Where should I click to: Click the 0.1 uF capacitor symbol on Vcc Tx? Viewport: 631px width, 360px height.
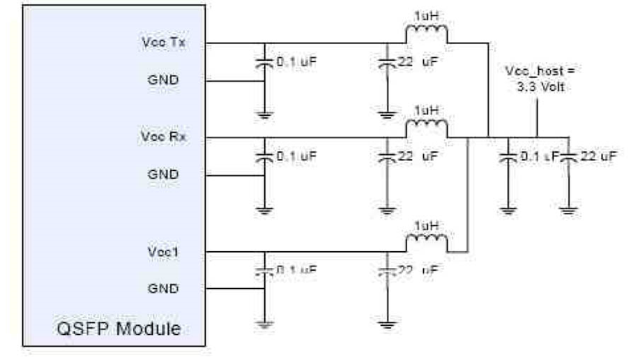click(264, 63)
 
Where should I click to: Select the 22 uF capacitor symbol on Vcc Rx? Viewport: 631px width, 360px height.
click(386, 157)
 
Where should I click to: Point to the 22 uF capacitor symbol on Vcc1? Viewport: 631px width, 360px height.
click(386, 271)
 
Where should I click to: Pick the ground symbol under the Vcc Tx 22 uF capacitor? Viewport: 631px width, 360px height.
click(386, 112)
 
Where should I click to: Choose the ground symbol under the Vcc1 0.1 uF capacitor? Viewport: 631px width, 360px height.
click(264, 322)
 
